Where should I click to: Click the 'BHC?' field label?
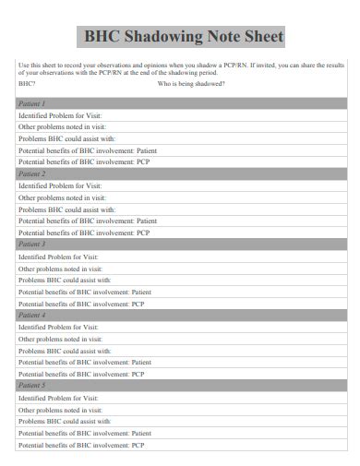[x=27, y=83]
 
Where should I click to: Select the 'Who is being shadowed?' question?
[x=191, y=83]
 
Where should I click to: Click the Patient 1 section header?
[x=31, y=103]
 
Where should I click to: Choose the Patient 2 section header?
[x=31, y=173]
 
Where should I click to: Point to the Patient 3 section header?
[x=31, y=245]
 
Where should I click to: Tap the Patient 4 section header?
[x=31, y=315]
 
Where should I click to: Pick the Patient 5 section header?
[x=31, y=386]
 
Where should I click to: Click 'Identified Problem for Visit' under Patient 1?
[x=61, y=115]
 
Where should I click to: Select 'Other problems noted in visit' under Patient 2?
[x=62, y=197]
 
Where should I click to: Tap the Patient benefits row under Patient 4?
[x=85, y=363]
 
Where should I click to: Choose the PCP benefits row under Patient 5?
[x=81, y=445]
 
